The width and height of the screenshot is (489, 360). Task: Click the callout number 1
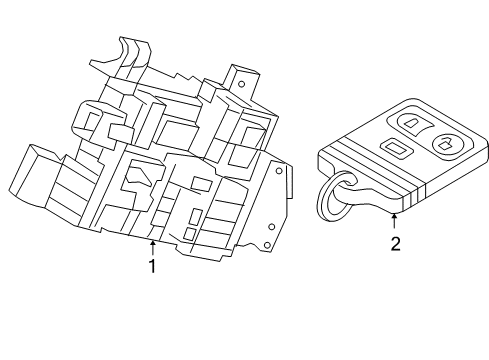tap(152, 266)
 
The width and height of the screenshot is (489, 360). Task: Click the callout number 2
tap(395, 243)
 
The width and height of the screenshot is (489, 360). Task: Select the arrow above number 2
tap(395, 222)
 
